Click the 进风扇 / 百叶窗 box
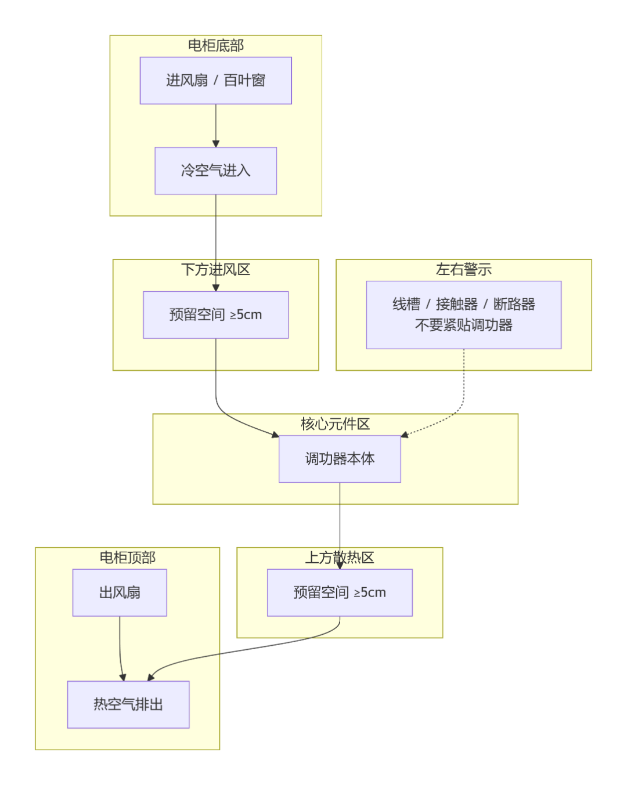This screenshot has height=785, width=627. coord(215,81)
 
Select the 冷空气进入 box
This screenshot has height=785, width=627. coord(215,171)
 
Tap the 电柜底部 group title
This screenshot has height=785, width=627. coord(215,45)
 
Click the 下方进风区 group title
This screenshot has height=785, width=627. coord(215,269)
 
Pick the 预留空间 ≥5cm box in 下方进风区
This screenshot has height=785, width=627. coord(215,314)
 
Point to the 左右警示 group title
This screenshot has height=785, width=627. coord(463,269)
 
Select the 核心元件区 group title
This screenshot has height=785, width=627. coord(335,424)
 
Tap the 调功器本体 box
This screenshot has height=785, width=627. coord(340,459)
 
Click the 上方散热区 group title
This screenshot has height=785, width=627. coord(340,558)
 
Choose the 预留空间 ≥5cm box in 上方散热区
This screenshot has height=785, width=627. coord(340,592)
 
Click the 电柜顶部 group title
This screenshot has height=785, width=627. coord(127,558)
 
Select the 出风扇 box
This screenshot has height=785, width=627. coord(120,592)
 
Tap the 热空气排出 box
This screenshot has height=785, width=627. coord(128,704)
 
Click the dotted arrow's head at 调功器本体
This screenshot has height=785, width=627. coord(405,435)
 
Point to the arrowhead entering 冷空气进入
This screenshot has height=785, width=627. coord(215,143)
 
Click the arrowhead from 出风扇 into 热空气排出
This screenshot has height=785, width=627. coord(122,677)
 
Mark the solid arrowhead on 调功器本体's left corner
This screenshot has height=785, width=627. coord(275,434)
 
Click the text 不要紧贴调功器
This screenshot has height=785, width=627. coord(463,325)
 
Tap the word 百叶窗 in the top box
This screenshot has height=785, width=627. coord(244,81)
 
